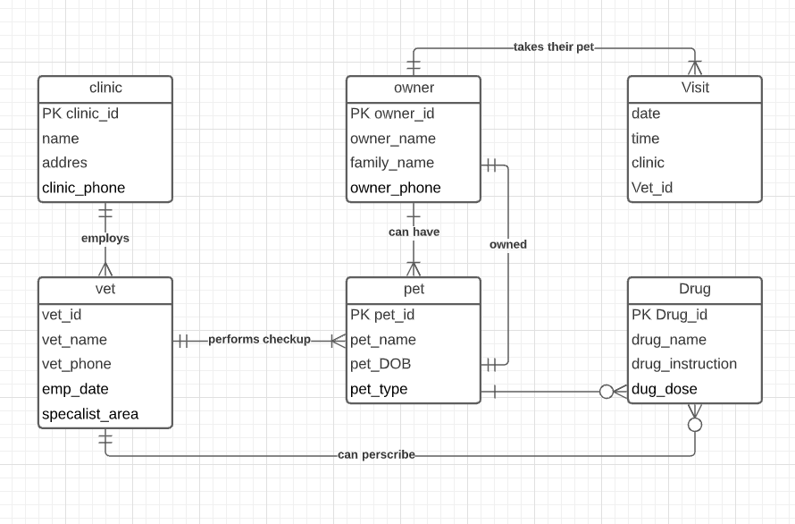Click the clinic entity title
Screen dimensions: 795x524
105,88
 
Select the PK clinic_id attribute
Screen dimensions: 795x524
80,114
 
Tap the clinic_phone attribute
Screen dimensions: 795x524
84,188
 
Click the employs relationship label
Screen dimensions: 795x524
105,238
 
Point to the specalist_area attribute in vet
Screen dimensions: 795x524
90,414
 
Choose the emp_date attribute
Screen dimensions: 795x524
75,389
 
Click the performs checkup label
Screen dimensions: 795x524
259,339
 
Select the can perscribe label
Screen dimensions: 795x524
376,454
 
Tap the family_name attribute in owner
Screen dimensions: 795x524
392,163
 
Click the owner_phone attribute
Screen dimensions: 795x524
396,188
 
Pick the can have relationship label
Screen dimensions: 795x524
414,232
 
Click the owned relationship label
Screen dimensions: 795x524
508,245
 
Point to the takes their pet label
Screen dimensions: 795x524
554,47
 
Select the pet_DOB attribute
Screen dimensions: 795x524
381,364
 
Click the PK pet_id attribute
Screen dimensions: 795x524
382,315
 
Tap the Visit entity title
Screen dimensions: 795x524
695,88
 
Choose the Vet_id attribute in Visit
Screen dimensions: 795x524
652,188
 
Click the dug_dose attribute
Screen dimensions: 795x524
665,389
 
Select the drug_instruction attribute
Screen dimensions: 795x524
684,364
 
